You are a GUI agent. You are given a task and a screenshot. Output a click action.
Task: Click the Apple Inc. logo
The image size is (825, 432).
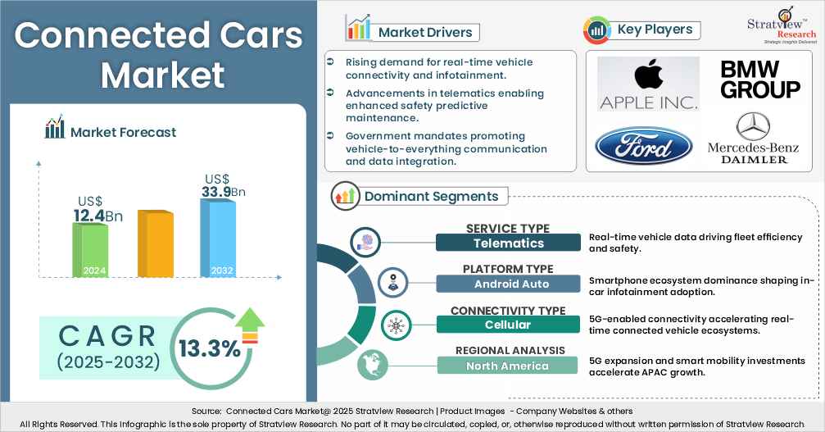click(x=648, y=84)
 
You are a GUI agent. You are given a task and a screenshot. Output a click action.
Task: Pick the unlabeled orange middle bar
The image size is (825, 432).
click(x=154, y=243)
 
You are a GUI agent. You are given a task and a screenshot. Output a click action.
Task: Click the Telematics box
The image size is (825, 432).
click(x=508, y=243)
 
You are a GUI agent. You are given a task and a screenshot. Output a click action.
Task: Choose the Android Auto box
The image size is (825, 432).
click(x=508, y=284)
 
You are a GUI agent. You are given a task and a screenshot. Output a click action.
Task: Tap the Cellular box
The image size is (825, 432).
click(x=508, y=325)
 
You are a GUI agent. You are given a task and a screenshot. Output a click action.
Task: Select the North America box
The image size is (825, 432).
click(x=508, y=366)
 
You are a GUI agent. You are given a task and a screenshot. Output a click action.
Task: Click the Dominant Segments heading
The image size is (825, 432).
click(x=430, y=196)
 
